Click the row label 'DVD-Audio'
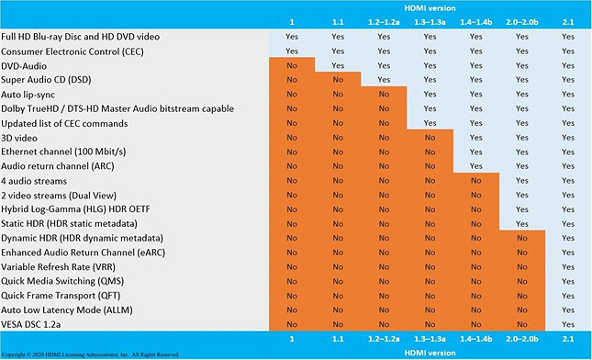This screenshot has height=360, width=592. click(25, 65)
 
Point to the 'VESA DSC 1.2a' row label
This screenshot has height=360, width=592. click(35, 323)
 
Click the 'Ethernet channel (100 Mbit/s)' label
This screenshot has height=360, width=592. click(62, 151)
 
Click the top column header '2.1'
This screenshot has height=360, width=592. click(566, 21)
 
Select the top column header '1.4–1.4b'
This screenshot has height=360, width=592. click(475, 21)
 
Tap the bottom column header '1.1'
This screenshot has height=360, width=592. click(337, 340)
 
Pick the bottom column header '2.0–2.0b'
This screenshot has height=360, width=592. click(521, 340)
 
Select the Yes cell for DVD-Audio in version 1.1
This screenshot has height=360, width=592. click(337, 65)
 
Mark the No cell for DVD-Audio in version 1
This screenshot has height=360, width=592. click(292, 65)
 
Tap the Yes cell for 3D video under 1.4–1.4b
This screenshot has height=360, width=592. click(475, 137)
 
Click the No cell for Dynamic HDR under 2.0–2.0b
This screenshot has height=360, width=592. click(521, 237)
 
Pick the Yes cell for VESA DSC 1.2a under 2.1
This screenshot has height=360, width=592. click(566, 323)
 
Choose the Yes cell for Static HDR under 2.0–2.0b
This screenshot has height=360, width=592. click(521, 223)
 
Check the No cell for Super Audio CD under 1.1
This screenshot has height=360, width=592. click(337, 80)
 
